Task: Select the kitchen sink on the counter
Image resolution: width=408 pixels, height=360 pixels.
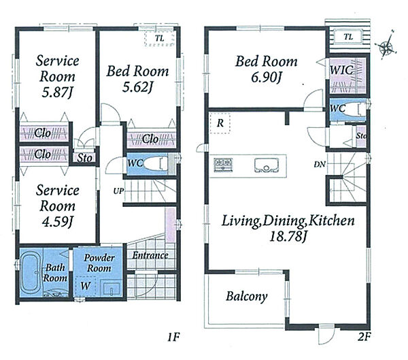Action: click(266, 165)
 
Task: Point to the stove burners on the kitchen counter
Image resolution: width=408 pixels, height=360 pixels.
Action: click(223, 165)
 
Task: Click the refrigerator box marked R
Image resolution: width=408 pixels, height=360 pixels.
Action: click(220, 123)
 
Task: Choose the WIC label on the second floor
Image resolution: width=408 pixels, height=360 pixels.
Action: click(341, 70)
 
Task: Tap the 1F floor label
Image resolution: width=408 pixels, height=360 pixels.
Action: click(173, 338)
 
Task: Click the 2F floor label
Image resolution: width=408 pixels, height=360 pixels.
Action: click(364, 337)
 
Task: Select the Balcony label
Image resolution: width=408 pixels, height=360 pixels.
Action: click(246, 297)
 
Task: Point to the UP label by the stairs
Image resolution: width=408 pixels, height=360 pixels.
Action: click(118, 191)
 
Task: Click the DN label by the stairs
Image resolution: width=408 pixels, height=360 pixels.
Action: click(320, 165)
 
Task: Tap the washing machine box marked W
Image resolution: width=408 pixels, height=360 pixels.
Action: click(86, 287)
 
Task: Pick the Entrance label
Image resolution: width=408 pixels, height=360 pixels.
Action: click(150, 255)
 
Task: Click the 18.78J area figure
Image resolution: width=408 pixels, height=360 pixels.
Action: click(288, 237)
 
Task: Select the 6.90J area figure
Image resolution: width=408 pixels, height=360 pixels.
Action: click(267, 78)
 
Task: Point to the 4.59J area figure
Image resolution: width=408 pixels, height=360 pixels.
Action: click(56, 222)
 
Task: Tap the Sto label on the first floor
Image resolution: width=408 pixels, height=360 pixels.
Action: click(84, 158)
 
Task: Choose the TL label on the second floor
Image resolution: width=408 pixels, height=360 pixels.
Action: click(348, 37)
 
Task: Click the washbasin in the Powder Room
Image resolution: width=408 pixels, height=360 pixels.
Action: click(112, 289)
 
